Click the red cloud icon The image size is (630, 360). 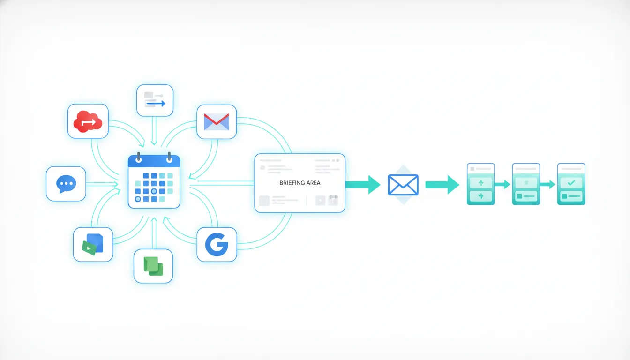[88, 121]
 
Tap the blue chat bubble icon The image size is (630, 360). [66, 184]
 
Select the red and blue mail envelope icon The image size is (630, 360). [217, 122]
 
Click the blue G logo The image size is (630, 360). [217, 244]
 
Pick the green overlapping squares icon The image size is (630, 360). [153, 266]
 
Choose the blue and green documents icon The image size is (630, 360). [93, 244]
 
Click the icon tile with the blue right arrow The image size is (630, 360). [155, 100]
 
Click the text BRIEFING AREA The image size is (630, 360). [300, 183]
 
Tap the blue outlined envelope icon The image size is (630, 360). [403, 185]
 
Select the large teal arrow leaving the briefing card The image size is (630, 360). [363, 185]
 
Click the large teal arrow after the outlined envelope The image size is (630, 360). [442, 185]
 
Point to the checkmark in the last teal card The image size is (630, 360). [571, 183]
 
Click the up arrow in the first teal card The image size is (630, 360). [481, 183]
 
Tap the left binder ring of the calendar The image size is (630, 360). [139, 157]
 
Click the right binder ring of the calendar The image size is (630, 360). [169, 157]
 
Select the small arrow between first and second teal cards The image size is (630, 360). [502, 185]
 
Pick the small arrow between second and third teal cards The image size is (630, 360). [547, 185]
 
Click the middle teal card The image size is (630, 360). [526, 184]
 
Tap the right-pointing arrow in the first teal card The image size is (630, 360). [481, 196]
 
